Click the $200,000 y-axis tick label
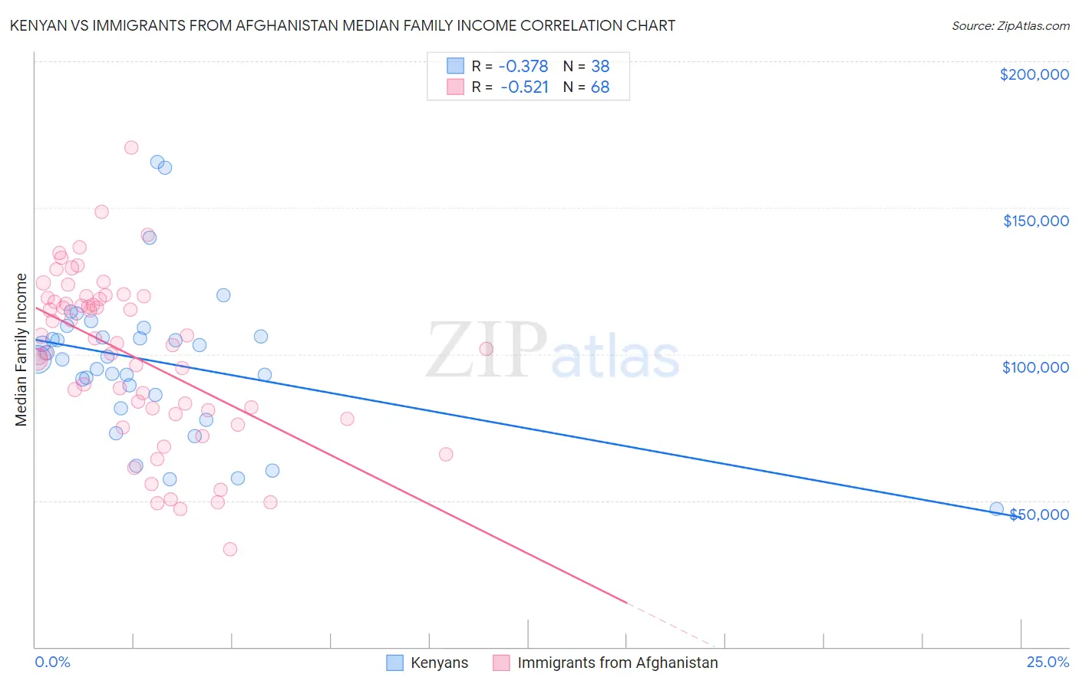pyautogui.click(x=1034, y=74)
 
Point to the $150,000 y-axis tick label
pyautogui.click(x=1035, y=221)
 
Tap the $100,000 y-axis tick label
pyautogui.click(x=1035, y=367)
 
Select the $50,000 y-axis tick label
pyautogui.click(x=1038, y=514)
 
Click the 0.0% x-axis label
pyautogui.click(x=52, y=662)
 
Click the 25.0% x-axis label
pyautogui.click(x=1048, y=662)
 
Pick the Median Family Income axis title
pyautogui.click(x=21, y=350)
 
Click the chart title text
pyautogui.click(x=342, y=25)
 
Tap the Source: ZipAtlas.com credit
pyautogui.click(x=1010, y=26)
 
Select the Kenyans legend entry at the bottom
pyautogui.click(x=439, y=663)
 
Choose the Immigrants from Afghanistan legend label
pyautogui.click(x=618, y=663)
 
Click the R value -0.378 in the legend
pyautogui.click(x=524, y=66)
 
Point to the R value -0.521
pyautogui.click(x=524, y=87)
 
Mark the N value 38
pyautogui.click(x=600, y=66)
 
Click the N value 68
pyautogui.click(x=600, y=87)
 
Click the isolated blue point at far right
pyautogui.click(x=996, y=508)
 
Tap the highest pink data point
pyautogui.click(x=131, y=147)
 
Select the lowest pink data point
pyautogui.click(x=229, y=549)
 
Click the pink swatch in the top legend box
pyautogui.click(x=456, y=87)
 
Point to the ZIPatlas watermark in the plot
pyautogui.click(x=553, y=351)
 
